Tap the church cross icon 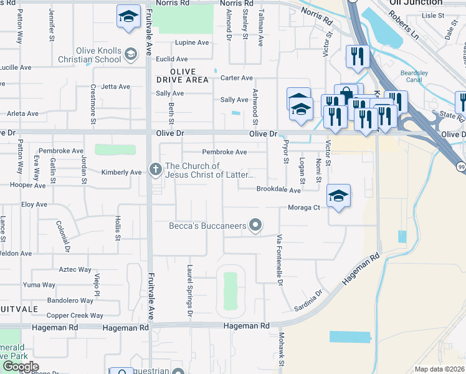click(x=156, y=169)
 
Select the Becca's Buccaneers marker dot click(x=255, y=225)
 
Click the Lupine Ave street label click(x=192, y=43)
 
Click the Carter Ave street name click(x=237, y=78)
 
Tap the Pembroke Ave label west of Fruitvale click(x=60, y=151)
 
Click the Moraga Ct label click(x=303, y=208)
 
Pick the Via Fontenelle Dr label click(x=280, y=260)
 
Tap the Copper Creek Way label click(x=75, y=315)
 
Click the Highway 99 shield click(x=459, y=166)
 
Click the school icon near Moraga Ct click(x=338, y=196)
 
